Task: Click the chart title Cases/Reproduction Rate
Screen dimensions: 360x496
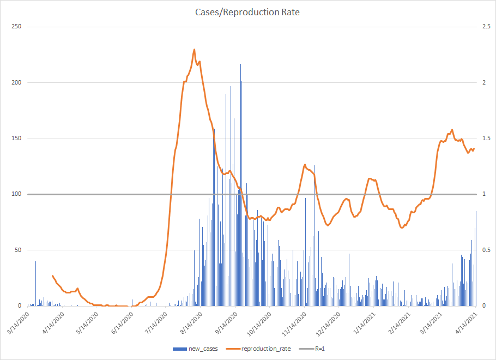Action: [x=247, y=12]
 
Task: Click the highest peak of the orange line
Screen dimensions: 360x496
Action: [x=195, y=50]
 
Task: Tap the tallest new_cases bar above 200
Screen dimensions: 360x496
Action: [x=240, y=64]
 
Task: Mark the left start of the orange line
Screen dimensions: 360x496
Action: [x=52, y=275]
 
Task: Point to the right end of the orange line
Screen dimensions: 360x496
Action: [x=474, y=148]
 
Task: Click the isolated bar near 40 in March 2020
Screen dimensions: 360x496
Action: [x=36, y=261]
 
